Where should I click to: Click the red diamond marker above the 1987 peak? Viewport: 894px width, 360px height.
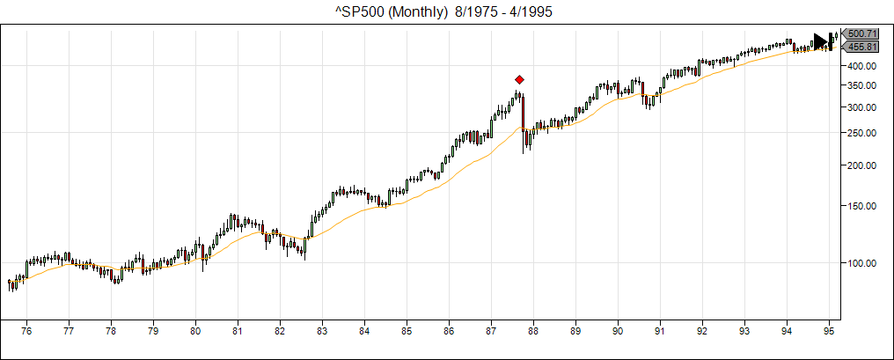click(x=519, y=79)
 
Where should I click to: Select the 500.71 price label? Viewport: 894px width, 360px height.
click(x=858, y=33)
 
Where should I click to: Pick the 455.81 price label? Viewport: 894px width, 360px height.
click(x=858, y=47)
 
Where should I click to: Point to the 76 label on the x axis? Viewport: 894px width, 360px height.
click(x=26, y=331)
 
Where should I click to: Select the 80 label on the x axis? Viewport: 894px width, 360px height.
click(x=195, y=331)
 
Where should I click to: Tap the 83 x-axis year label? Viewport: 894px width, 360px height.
click(x=322, y=331)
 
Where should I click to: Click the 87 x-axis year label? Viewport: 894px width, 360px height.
click(x=491, y=331)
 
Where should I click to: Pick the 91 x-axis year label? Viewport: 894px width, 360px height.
click(x=660, y=331)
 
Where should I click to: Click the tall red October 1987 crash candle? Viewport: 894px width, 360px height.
click(x=523, y=113)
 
